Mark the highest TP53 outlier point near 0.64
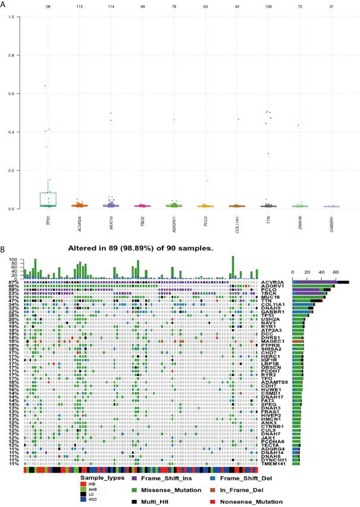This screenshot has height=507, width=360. pos(45,86)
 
